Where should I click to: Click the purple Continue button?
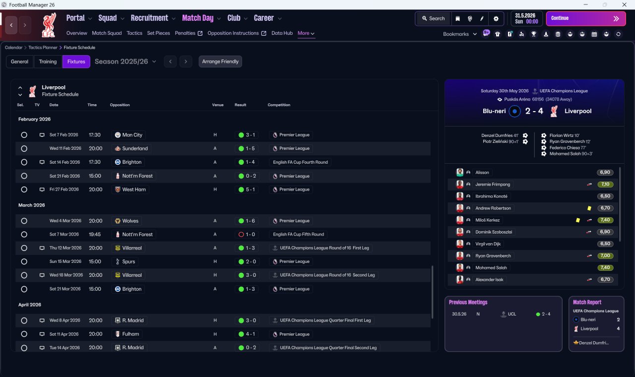586,18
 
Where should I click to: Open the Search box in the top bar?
433,18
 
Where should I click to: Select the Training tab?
48,62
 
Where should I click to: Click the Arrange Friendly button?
220,62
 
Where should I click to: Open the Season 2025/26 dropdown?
125,62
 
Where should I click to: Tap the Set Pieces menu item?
158,33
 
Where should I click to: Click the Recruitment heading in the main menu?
149,18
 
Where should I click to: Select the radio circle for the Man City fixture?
24,135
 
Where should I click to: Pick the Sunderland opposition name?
134,148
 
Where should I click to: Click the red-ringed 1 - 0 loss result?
247,235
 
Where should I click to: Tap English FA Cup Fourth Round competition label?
300,162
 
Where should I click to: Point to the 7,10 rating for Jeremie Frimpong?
605,184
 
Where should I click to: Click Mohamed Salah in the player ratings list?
491,267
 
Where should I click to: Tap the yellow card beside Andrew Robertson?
589,208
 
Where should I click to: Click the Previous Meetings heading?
468,302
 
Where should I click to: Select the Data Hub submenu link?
282,33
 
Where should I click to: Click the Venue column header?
218,105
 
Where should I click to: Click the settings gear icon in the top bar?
496,19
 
